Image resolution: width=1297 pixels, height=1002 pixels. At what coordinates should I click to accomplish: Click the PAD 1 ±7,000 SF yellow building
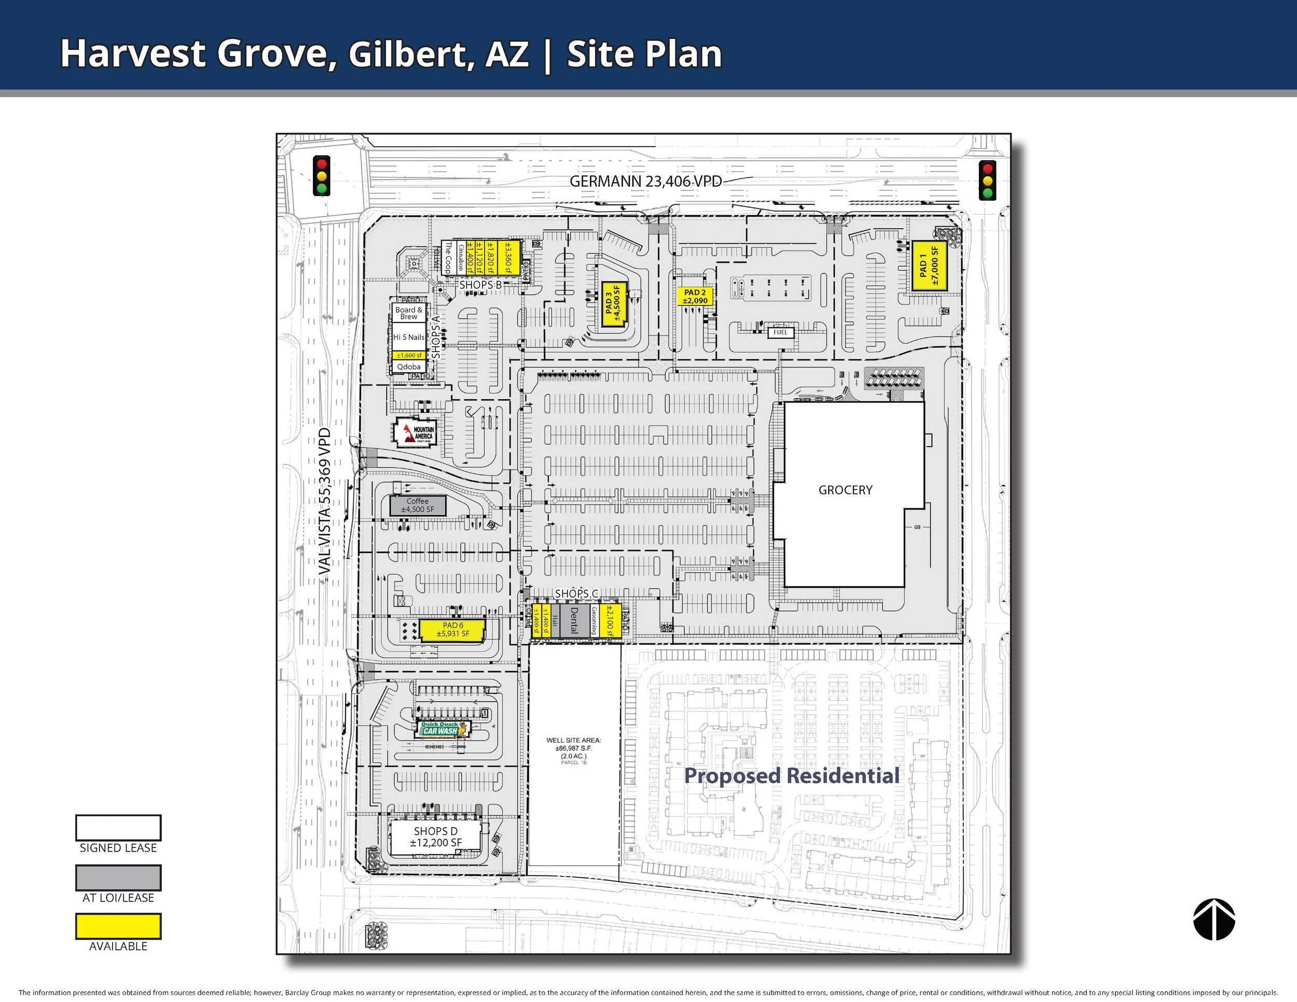tap(928, 266)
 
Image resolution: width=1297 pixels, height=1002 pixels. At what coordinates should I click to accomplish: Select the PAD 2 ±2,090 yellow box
tap(695, 296)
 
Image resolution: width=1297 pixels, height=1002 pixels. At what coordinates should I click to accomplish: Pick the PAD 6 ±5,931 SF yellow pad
tap(452, 630)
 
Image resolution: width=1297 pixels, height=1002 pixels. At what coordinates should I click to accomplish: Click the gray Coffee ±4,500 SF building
tap(418, 505)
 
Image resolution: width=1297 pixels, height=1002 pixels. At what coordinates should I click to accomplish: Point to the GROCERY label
tap(845, 490)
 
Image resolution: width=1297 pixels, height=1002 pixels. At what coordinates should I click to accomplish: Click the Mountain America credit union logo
tap(417, 433)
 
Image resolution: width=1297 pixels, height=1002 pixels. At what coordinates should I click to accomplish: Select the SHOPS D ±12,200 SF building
tap(435, 837)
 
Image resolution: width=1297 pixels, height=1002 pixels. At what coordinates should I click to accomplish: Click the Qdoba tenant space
tap(409, 367)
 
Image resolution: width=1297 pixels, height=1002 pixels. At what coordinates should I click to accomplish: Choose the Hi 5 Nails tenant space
tap(409, 337)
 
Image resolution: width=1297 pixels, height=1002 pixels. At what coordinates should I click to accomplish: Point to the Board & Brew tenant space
tap(409, 313)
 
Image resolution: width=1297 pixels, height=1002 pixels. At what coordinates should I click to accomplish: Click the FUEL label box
tap(780, 332)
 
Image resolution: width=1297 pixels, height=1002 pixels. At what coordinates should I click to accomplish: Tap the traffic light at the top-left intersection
tap(321, 176)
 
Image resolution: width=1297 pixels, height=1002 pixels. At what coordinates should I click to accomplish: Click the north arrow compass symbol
tap(1214, 920)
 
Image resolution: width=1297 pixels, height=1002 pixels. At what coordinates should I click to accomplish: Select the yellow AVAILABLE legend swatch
tap(118, 926)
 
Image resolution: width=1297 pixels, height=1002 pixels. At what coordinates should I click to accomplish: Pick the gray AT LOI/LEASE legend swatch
tap(118, 878)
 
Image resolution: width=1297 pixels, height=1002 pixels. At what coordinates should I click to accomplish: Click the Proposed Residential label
tap(791, 776)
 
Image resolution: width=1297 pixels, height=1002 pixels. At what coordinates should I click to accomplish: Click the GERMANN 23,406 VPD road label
tap(645, 182)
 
